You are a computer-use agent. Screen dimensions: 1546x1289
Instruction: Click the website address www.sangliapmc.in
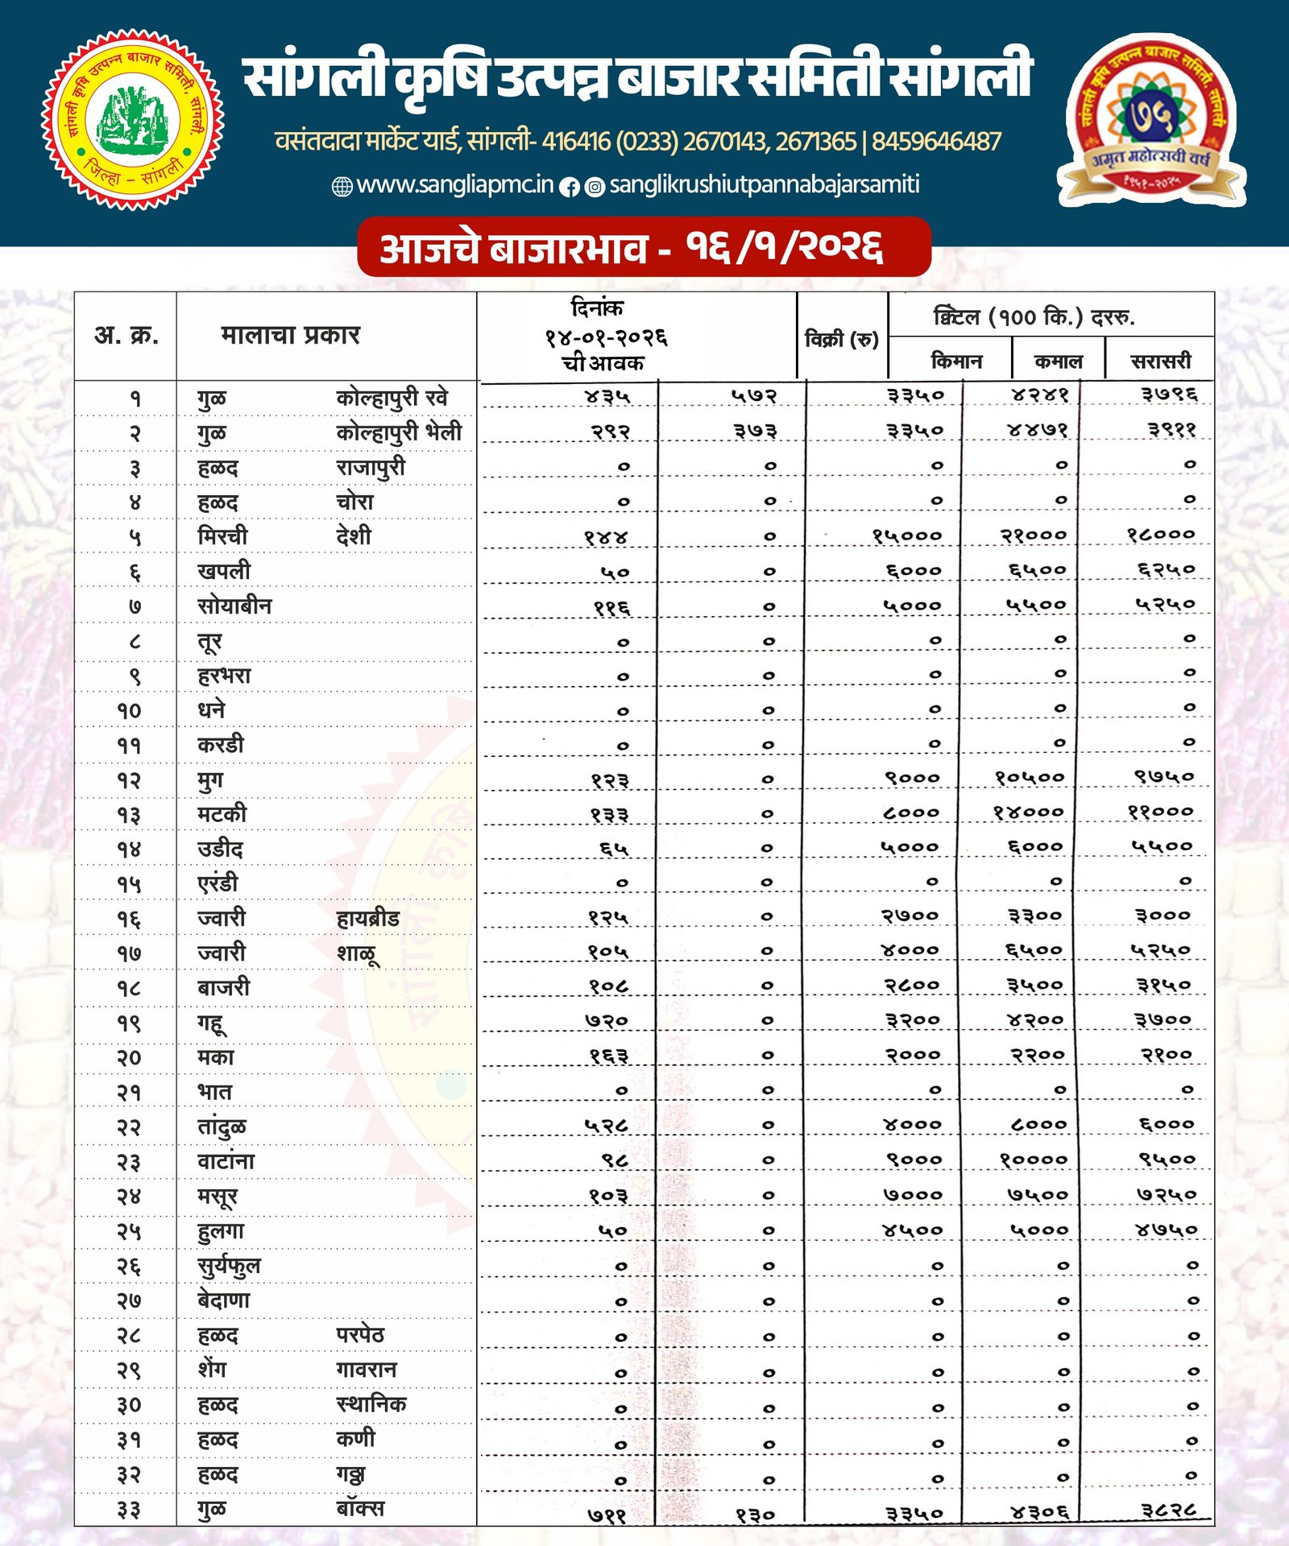click(454, 185)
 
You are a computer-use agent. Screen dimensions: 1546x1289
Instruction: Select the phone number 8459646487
click(936, 142)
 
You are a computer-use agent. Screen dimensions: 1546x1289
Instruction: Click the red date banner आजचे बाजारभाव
click(644, 247)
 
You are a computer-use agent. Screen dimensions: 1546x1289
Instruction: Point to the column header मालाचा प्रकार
click(290, 335)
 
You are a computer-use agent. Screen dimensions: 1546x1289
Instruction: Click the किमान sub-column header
click(956, 361)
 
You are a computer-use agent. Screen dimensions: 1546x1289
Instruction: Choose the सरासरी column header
click(1160, 361)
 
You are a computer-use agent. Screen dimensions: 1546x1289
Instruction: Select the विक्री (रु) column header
click(842, 339)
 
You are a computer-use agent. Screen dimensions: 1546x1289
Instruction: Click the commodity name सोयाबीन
click(234, 606)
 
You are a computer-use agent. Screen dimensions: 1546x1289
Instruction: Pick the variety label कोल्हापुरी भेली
click(399, 432)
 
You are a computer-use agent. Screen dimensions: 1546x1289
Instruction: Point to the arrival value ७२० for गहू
click(607, 1021)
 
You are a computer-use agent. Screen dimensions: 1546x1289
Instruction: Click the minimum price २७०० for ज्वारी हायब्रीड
click(910, 916)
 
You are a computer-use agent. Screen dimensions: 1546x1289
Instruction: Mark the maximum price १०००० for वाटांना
click(1034, 1160)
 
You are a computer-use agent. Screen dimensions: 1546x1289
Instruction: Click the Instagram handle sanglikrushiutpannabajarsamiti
click(764, 185)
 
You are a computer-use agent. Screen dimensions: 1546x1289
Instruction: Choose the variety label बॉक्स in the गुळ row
click(360, 1508)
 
